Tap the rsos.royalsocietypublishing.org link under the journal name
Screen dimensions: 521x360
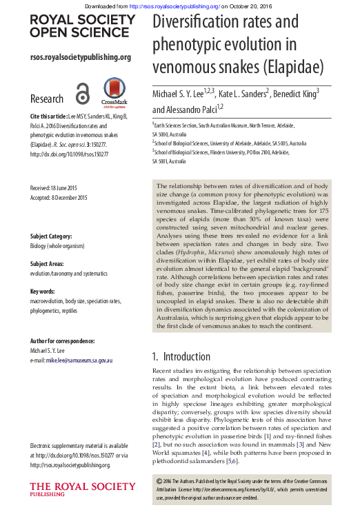80,57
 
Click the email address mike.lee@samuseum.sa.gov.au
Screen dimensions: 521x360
71,360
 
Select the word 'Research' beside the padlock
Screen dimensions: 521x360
47,99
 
